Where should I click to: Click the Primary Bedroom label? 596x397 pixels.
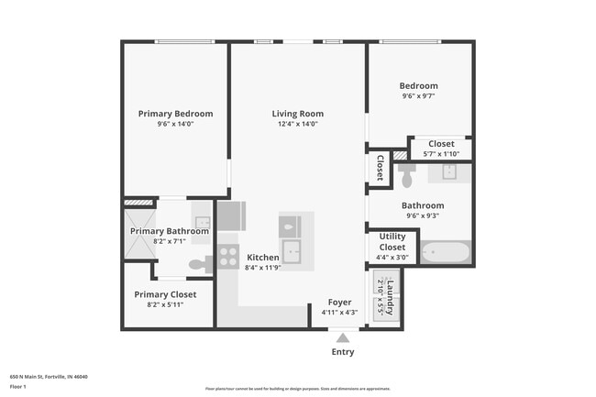[x=175, y=114]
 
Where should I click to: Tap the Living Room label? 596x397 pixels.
[x=298, y=114]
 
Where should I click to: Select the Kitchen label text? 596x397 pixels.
[x=262, y=259]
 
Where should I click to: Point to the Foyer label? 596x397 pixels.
[x=339, y=302]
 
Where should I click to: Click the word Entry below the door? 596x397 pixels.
[x=342, y=352]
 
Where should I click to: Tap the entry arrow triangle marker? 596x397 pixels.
[x=342, y=337]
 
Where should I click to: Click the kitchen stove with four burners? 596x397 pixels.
[x=228, y=260]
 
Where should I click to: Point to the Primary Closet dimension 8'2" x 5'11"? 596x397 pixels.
[x=165, y=304]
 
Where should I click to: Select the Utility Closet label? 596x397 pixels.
[x=392, y=242]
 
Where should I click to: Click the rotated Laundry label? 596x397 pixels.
[x=389, y=300]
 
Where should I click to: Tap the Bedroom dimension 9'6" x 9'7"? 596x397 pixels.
[x=418, y=96]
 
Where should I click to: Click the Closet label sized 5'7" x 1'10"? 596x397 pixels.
[x=441, y=144]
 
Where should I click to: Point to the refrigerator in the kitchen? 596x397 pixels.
[x=231, y=216]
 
